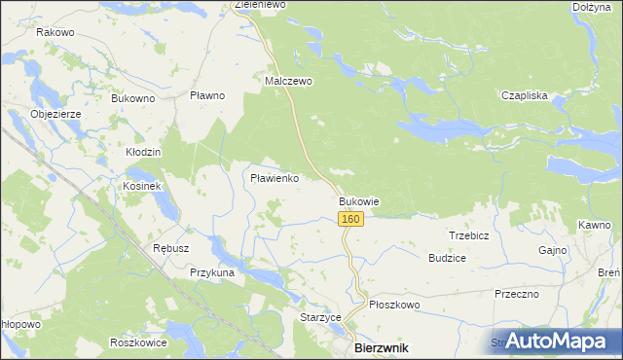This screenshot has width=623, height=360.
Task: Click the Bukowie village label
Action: pos(358,201)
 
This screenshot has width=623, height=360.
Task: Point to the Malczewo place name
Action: pos(289,82)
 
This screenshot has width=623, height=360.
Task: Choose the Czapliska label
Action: pos(525,95)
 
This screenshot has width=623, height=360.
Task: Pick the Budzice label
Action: pos(447,258)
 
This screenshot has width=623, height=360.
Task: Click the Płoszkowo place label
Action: pos(393,305)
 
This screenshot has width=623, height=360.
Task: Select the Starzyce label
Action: pos(319,317)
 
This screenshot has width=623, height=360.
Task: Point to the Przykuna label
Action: pos(212,273)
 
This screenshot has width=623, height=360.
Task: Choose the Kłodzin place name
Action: pos(143,153)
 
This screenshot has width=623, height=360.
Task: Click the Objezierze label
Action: pos(61,114)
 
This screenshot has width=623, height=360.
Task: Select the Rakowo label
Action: pos(55,32)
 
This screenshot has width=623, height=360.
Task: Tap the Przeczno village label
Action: pos(517,294)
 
